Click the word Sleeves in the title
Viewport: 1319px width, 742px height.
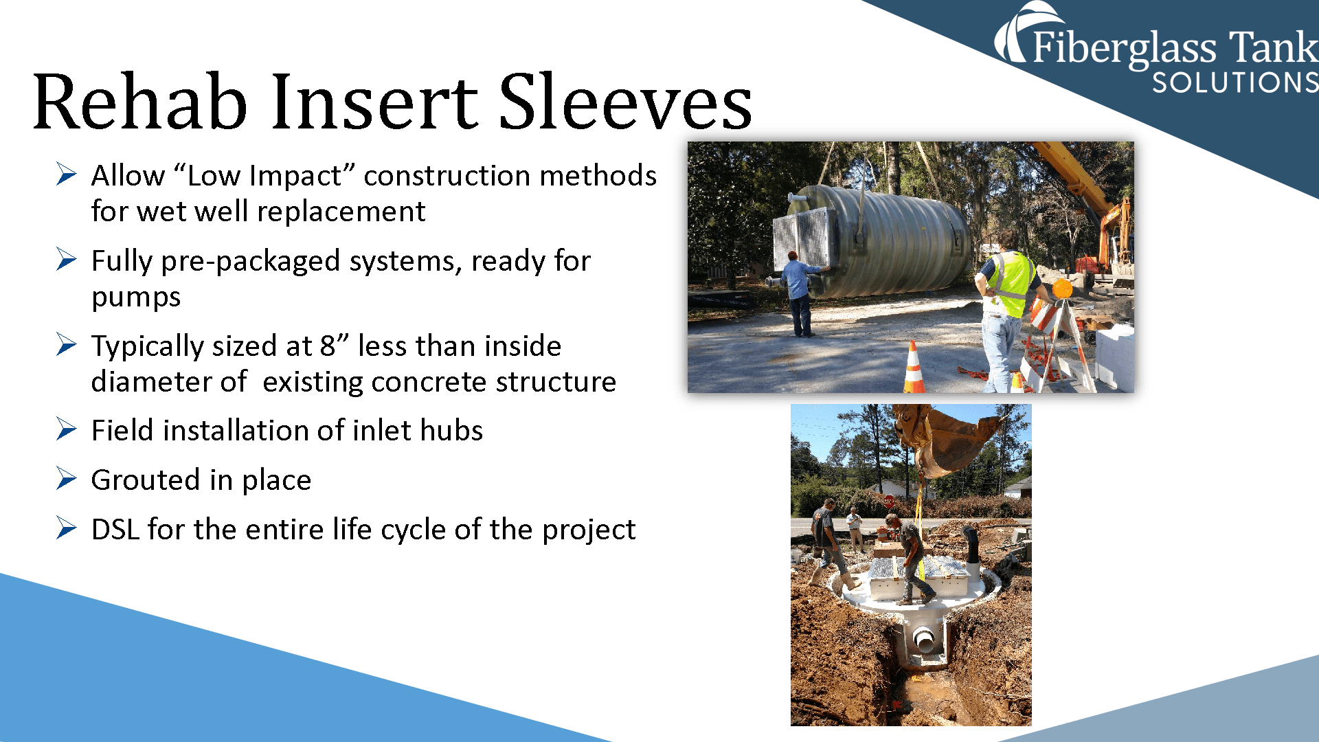[624, 103]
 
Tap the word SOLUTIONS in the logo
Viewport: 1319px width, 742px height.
[1235, 83]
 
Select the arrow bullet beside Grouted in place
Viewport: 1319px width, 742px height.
[67, 478]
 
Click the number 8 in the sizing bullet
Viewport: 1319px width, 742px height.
[328, 346]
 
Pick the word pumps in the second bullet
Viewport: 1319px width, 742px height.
[136, 297]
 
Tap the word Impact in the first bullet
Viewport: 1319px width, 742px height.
[295, 176]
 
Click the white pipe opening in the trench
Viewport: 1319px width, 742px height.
[925, 640]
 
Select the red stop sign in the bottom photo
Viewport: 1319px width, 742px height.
[889, 502]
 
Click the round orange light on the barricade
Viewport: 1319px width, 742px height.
[1062, 289]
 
